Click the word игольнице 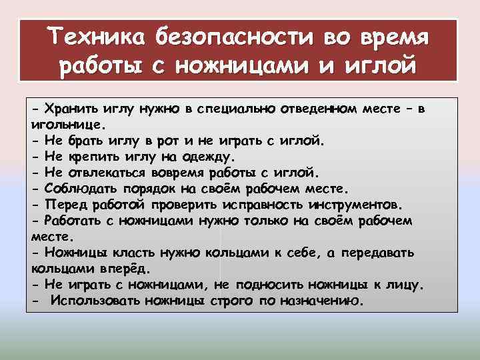66,124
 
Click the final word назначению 319,300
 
